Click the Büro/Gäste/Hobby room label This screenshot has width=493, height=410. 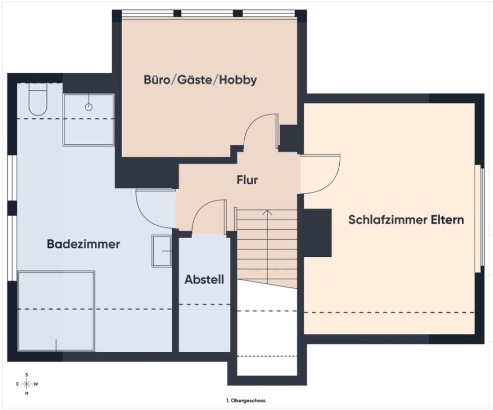tap(200, 80)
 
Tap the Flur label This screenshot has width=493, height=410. tap(247, 180)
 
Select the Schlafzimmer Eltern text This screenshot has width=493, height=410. tap(406, 219)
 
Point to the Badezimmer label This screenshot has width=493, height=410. tap(84, 244)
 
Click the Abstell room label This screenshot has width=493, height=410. tap(204, 280)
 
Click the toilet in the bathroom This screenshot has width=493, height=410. tap(38, 99)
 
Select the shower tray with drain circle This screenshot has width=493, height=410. tap(89, 120)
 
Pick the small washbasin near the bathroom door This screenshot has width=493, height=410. tap(162, 250)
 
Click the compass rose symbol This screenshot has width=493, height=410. tap(27, 384)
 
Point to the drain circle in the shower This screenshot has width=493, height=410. tap(89, 106)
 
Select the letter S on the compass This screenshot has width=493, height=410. tap(27, 374)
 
